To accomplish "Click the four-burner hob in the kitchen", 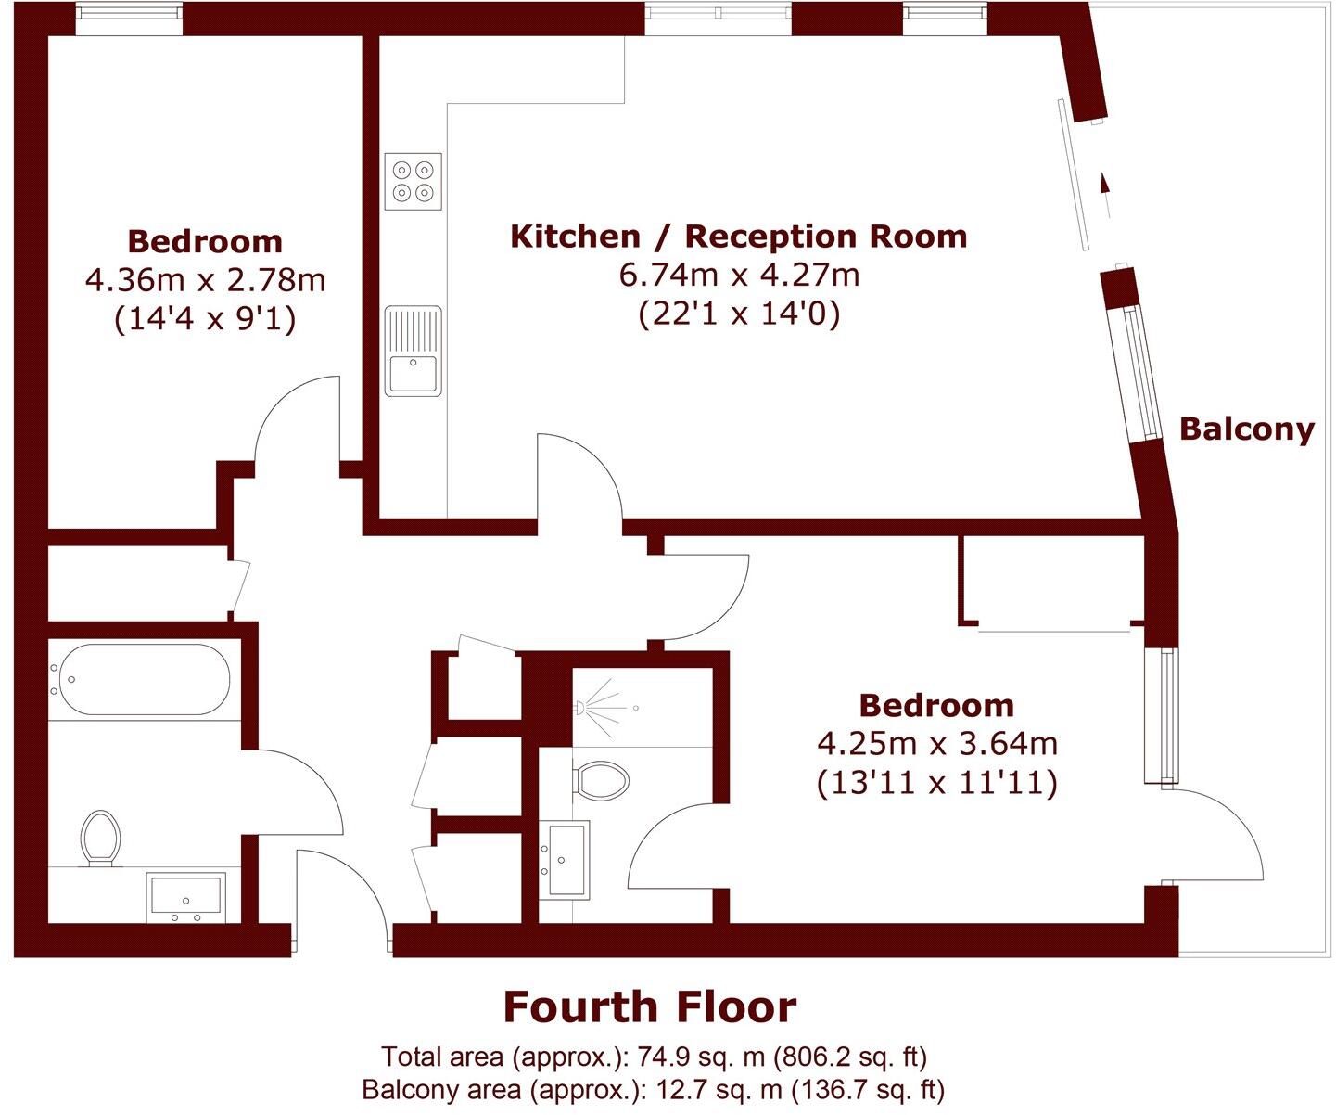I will (414, 181).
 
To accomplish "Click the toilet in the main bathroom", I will (100, 837).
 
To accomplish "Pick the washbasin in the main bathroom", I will (186, 897).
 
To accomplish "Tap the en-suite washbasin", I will (564, 860).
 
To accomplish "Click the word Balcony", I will (1246, 429).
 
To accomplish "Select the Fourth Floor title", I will (649, 1007).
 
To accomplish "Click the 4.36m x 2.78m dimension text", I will (205, 279).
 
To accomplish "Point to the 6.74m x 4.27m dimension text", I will (738, 275).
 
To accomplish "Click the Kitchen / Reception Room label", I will (738, 237).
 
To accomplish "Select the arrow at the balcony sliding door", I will (1103, 183).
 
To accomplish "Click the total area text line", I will (654, 1057).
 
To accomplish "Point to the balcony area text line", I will (654, 1089).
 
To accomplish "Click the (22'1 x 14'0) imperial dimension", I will (738, 314).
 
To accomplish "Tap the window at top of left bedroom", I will (129, 17).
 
